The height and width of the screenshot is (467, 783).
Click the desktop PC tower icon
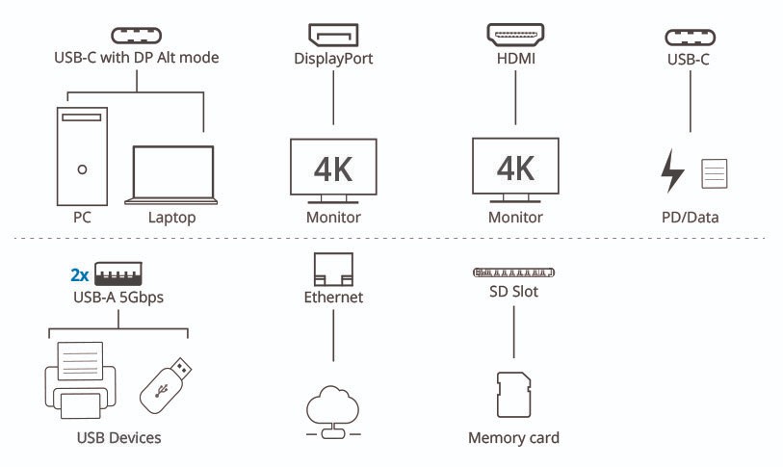coord(81,154)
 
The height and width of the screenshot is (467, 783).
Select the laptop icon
coord(171,175)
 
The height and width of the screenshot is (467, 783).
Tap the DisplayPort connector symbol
coord(333,37)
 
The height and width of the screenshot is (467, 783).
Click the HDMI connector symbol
coord(515,36)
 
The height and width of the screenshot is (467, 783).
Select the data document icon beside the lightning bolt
coord(714,174)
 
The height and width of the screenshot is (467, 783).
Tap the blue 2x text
coord(80,274)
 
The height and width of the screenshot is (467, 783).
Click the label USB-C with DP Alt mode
coord(136,58)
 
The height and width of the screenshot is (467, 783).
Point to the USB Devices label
coord(117,438)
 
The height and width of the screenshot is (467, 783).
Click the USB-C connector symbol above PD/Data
coord(691,38)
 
